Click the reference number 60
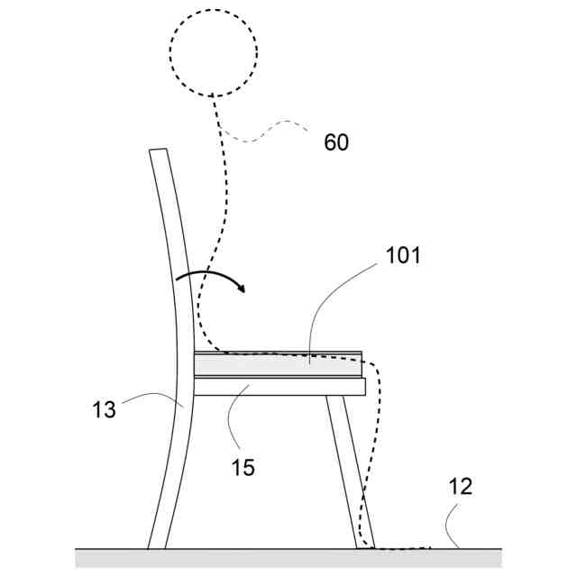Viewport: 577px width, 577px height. click(x=336, y=142)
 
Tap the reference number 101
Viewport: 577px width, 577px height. click(x=403, y=255)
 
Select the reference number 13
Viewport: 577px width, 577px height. click(x=104, y=409)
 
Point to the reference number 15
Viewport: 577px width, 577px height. click(x=243, y=468)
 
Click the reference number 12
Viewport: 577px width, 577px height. click(x=459, y=487)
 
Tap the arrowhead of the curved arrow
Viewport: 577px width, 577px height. click(x=241, y=289)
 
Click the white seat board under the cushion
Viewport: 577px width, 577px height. click(x=279, y=387)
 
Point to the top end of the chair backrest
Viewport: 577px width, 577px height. click(x=158, y=151)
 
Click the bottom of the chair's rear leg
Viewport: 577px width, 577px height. click(x=158, y=544)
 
